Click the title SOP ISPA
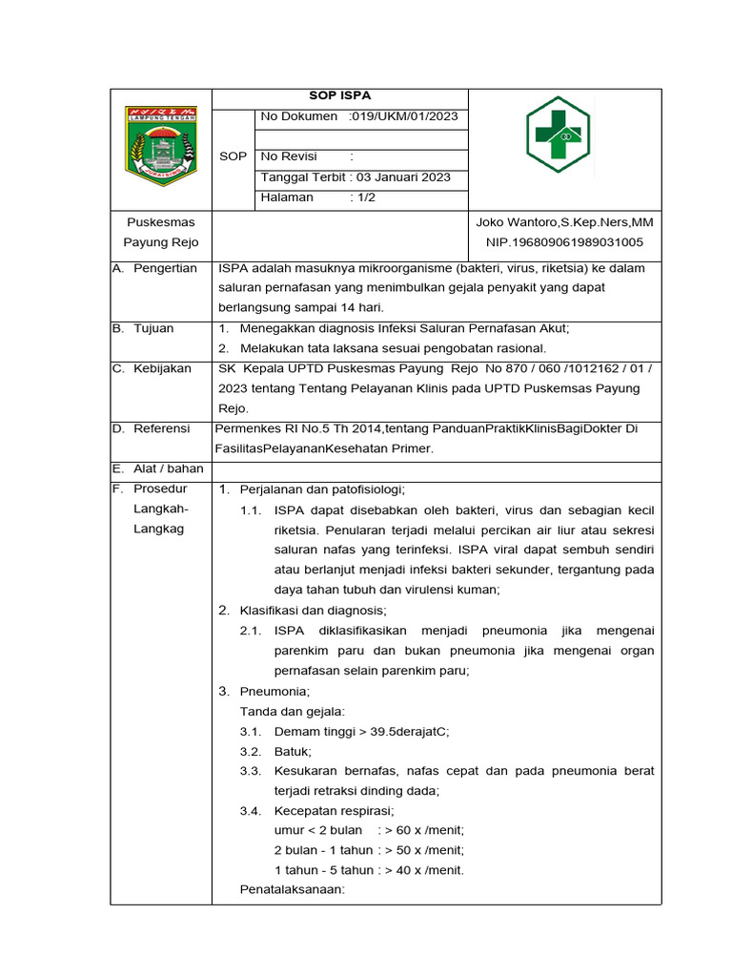(x=340, y=96)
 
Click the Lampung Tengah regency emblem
(x=161, y=146)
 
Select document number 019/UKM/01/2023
(x=404, y=116)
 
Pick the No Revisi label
(x=290, y=156)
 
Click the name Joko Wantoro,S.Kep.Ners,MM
(x=564, y=222)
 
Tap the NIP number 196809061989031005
(x=564, y=242)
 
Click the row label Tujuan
(x=153, y=328)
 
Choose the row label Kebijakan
(x=162, y=368)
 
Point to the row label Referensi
(x=161, y=428)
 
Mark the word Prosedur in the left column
(x=160, y=489)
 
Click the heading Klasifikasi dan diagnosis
(x=314, y=610)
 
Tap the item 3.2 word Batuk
(x=293, y=751)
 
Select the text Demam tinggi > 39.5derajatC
(x=361, y=731)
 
